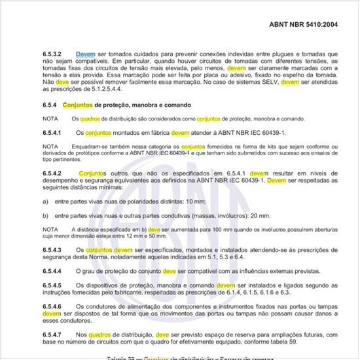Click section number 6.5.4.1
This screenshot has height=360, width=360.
52,133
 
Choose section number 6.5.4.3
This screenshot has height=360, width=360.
52,251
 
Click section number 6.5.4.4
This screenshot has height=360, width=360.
52,271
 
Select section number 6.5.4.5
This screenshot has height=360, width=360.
52,285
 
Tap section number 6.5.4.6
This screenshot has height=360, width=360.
52,307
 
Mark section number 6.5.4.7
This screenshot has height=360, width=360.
52,334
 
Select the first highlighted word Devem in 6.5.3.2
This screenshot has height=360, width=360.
86,54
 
